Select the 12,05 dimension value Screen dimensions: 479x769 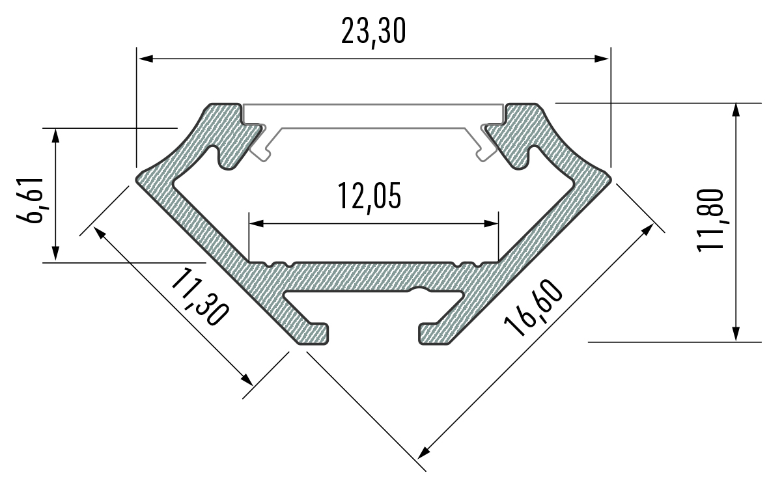369,197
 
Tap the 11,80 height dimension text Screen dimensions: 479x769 709,219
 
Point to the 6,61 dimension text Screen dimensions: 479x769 31,200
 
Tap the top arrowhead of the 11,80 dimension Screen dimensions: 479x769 736,110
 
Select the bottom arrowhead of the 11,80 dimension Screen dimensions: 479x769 736,334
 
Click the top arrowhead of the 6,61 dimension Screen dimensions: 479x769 55,135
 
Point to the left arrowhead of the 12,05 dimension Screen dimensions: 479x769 256,223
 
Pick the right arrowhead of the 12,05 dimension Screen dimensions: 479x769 492,223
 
